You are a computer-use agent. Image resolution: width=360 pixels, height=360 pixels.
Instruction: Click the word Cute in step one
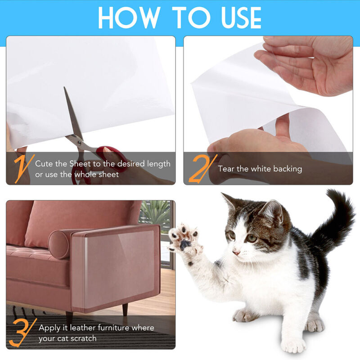tap(45, 164)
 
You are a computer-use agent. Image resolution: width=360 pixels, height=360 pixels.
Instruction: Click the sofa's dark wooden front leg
tap(68, 317)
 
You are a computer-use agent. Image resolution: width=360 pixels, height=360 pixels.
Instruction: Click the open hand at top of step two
tap(306, 63)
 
